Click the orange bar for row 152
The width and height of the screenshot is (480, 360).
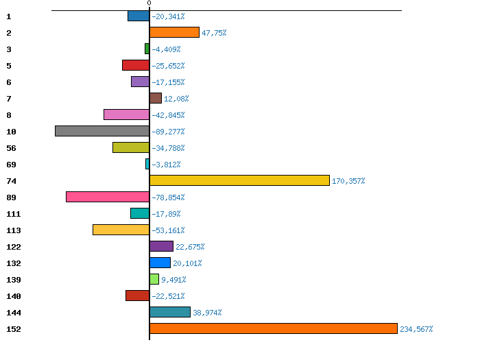[x=274, y=328]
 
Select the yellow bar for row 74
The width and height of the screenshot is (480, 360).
[x=239, y=180]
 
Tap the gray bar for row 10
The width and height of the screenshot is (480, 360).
[x=102, y=131]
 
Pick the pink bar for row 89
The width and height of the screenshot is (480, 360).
[x=108, y=197]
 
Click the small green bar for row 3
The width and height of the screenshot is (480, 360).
[x=147, y=49]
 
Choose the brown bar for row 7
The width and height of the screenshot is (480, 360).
[x=156, y=98]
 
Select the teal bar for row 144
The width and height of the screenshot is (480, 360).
[x=170, y=312]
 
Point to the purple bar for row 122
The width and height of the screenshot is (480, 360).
[x=161, y=246]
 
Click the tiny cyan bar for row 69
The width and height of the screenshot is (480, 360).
[x=147, y=164]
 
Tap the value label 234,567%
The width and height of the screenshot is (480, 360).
[x=416, y=329]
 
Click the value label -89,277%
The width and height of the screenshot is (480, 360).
[x=168, y=132]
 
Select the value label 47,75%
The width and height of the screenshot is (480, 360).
[x=214, y=33]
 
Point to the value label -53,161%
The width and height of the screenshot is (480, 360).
[x=168, y=230]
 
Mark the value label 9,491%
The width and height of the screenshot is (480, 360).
[x=173, y=280]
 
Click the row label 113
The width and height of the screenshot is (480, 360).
[x=14, y=230]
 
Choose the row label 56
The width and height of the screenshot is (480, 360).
[x=11, y=148]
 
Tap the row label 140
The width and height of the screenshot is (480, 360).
[x=14, y=296]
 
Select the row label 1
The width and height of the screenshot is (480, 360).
[x=8, y=16]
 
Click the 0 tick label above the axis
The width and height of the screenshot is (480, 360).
[x=149, y=4]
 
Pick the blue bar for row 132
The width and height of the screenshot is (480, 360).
[x=160, y=263]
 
